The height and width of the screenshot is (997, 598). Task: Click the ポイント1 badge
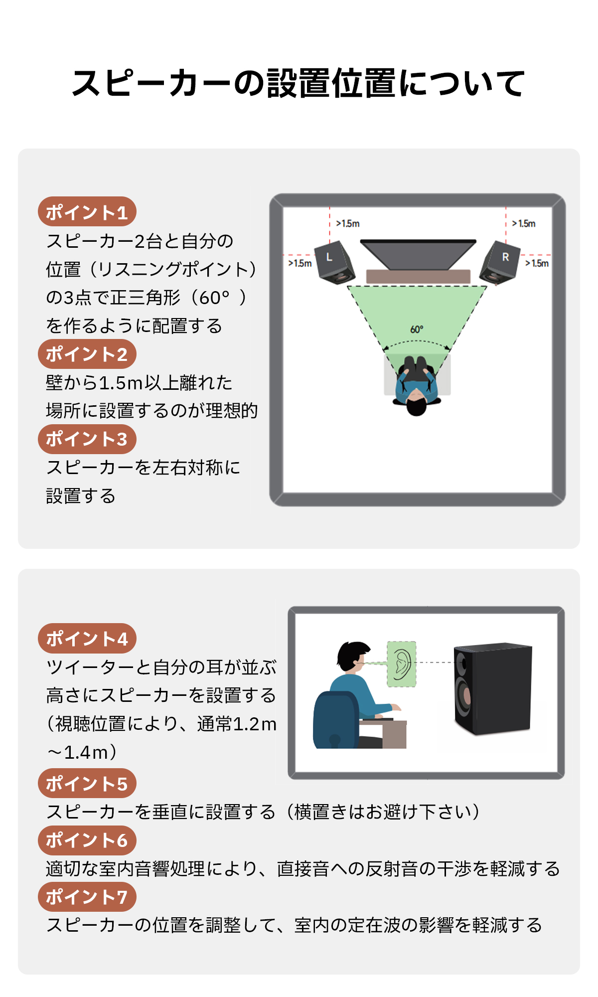(x=87, y=211)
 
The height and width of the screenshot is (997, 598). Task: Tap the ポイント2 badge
(x=87, y=353)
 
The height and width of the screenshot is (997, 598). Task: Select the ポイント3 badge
(x=87, y=439)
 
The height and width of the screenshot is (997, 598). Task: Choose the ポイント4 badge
(x=87, y=638)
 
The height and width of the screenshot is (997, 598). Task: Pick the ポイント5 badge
(x=87, y=783)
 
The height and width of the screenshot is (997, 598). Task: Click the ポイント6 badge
(x=87, y=840)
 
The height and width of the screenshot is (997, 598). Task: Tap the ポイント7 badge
(x=87, y=896)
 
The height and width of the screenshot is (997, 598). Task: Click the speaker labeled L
(x=334, y=263)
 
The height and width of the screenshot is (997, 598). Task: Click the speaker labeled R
(x=500, y=263)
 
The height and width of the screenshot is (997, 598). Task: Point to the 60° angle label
(x=417, y=330)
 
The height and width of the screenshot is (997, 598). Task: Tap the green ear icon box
(x=402, y=664)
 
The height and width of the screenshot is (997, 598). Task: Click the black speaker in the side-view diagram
(x=493, y=689)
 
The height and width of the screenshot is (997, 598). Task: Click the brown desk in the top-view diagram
(x=418, y=277)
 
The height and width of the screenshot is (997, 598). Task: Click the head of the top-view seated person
(x=417, y=404)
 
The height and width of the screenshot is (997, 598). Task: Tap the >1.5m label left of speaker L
(x=300, y=263)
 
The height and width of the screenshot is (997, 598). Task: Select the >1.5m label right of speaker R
(x=537, y=263)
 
